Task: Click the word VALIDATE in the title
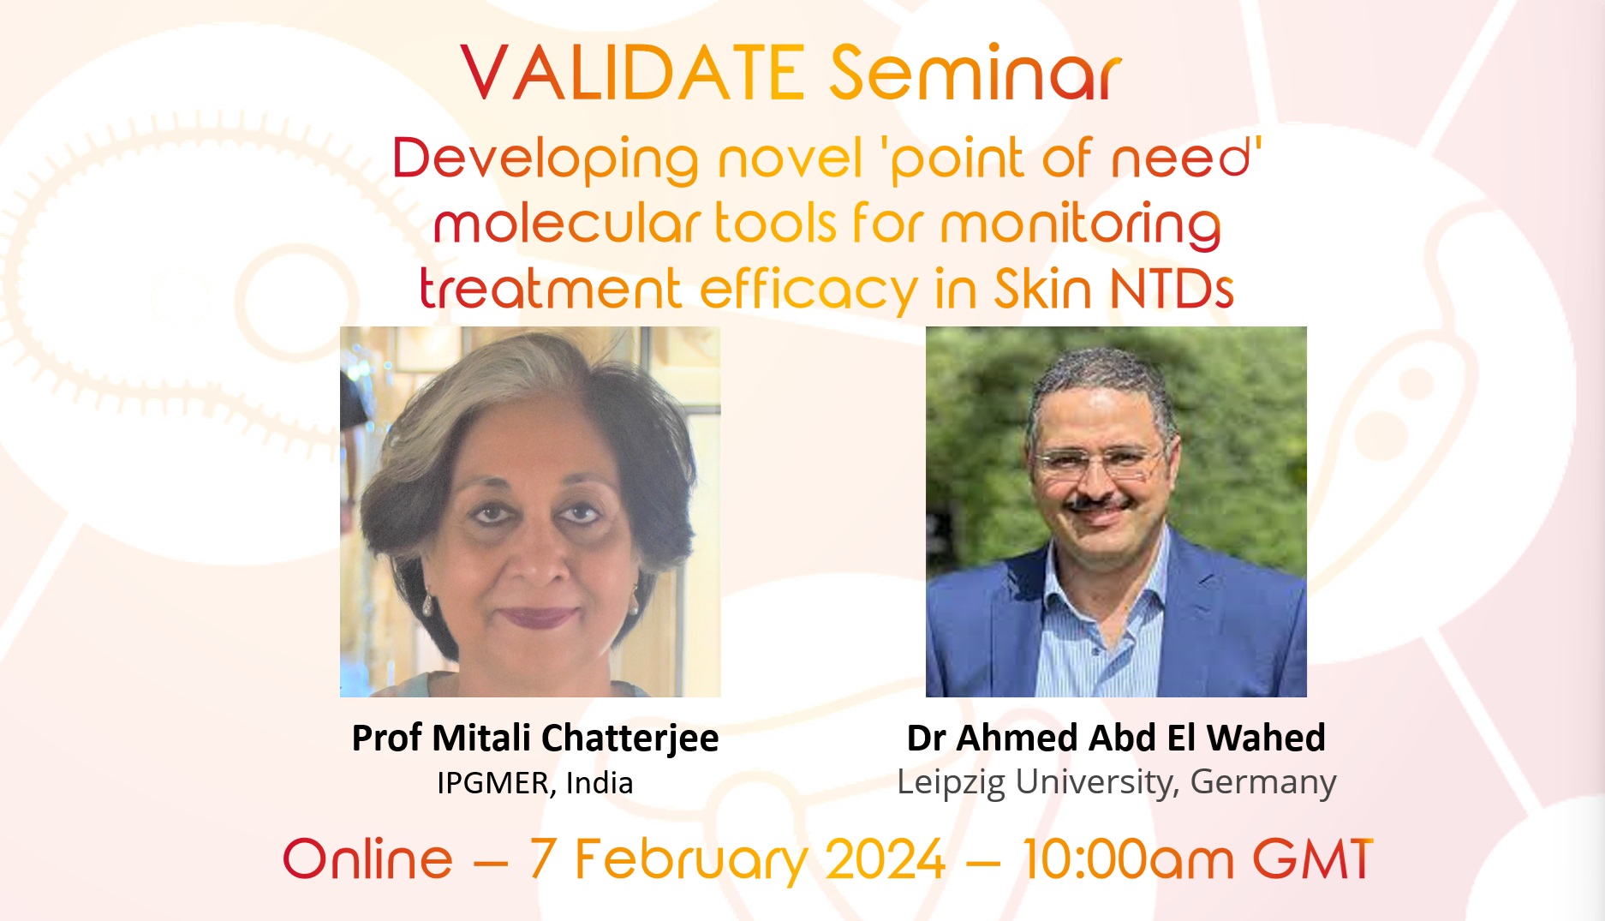coord(632,73)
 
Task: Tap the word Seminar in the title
coord(975,73)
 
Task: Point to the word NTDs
coord(1172,290)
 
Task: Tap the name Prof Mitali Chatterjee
coord(535,738)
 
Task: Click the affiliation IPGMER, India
coord(535,783)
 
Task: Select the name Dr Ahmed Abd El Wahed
coord(1116,738)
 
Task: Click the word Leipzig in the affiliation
coord(951,783)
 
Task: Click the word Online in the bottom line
coord(367,859)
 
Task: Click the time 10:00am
coord(1128,859)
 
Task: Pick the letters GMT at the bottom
coord(1313,859)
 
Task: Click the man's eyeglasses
coord(1098,463)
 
